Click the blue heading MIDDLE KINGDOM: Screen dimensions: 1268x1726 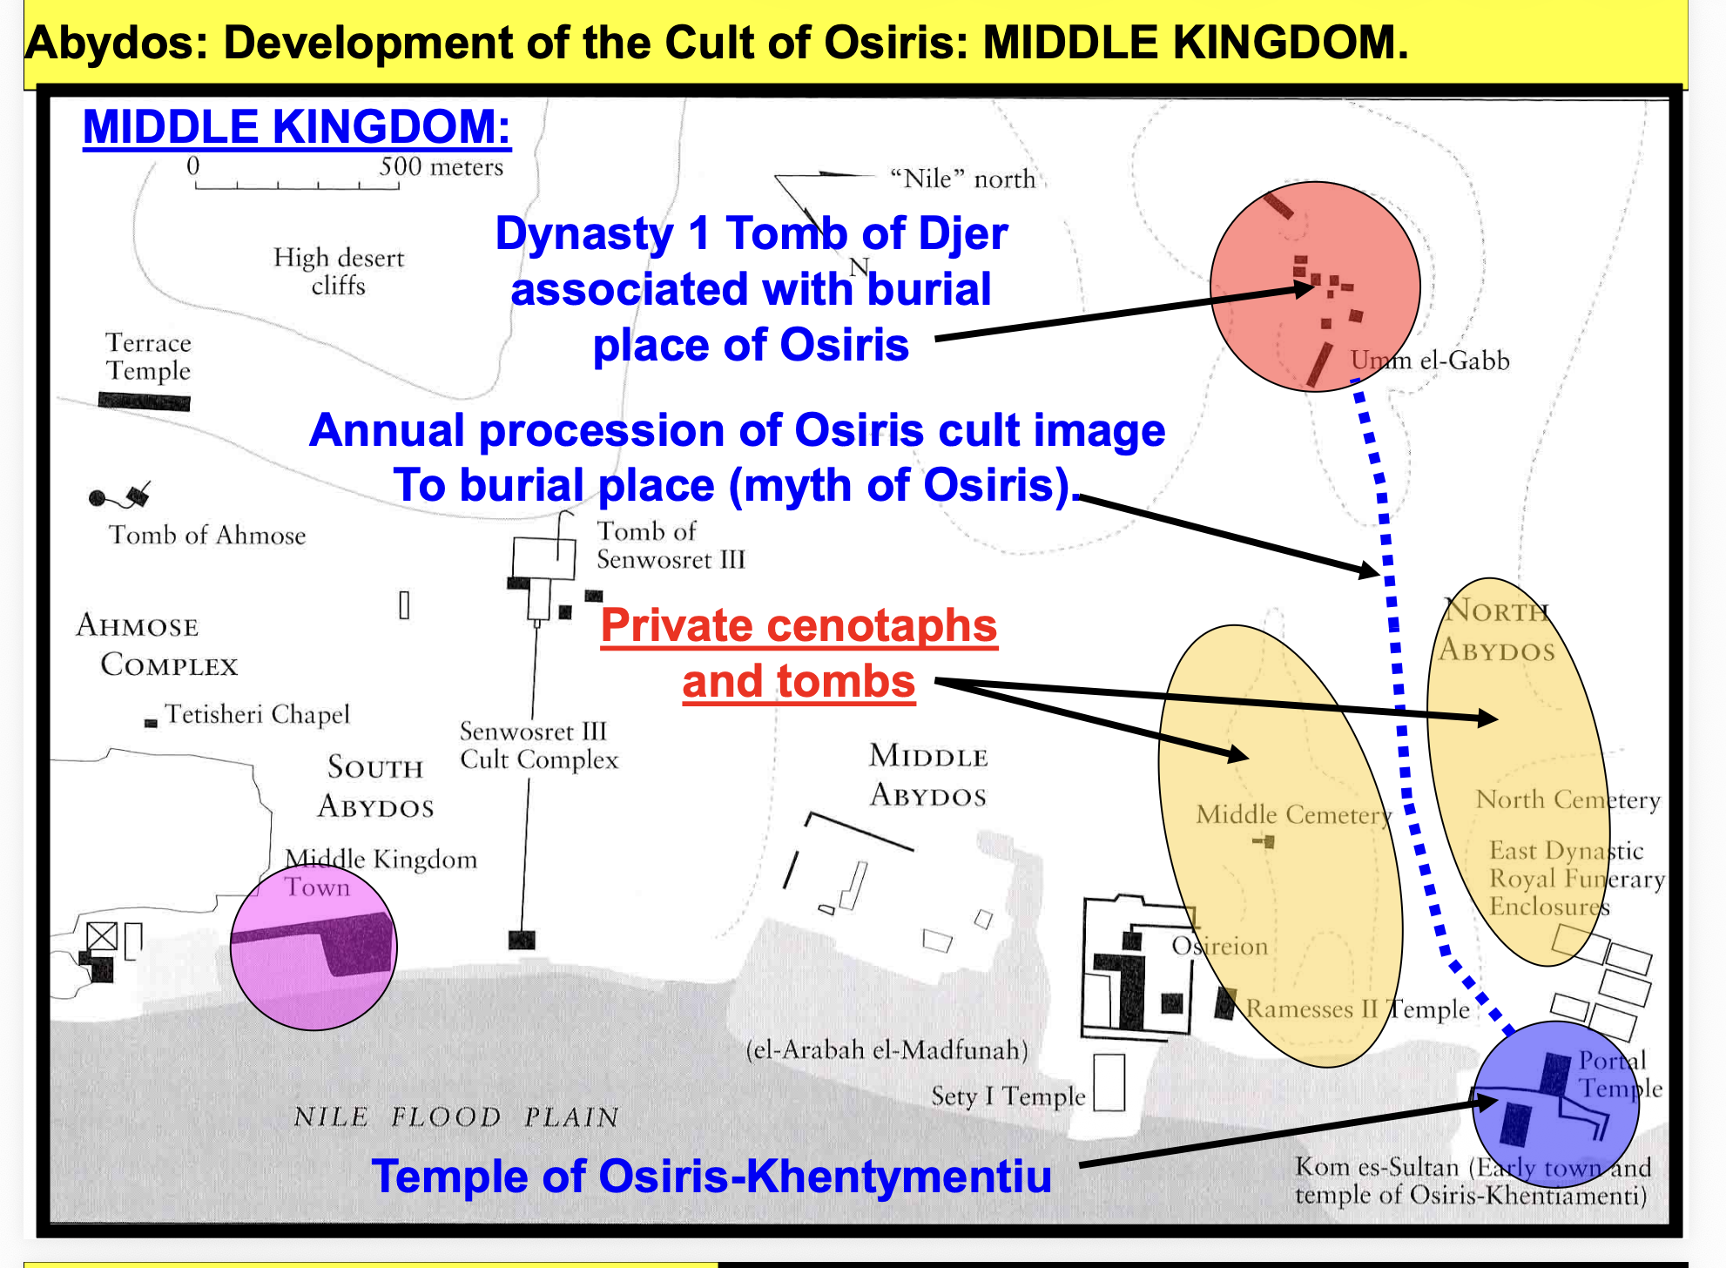(296, 127)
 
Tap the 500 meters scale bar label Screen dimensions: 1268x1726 (441, 166)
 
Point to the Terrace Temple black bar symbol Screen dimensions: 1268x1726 (145, 401)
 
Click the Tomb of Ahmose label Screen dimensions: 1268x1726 (207, 535)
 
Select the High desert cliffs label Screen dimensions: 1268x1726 (339, 272)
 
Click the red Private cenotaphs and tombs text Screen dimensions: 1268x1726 (799, 653)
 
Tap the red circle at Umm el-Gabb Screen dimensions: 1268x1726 (1315, 287)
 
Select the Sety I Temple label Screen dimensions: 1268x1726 (1008, 1096)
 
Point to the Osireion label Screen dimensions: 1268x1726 (1219, 946)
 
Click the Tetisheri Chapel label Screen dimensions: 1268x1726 (258, 714)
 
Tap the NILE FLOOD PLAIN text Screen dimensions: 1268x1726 (456, 1116)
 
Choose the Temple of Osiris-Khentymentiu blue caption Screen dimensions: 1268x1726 (711, 1176)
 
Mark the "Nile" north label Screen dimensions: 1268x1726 (962, 179)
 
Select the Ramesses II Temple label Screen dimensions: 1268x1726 (1358, 1009)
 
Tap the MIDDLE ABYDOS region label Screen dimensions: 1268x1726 (928, 775)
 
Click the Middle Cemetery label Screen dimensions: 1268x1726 (1293, 815)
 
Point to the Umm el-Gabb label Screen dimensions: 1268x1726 (1430, 361)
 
